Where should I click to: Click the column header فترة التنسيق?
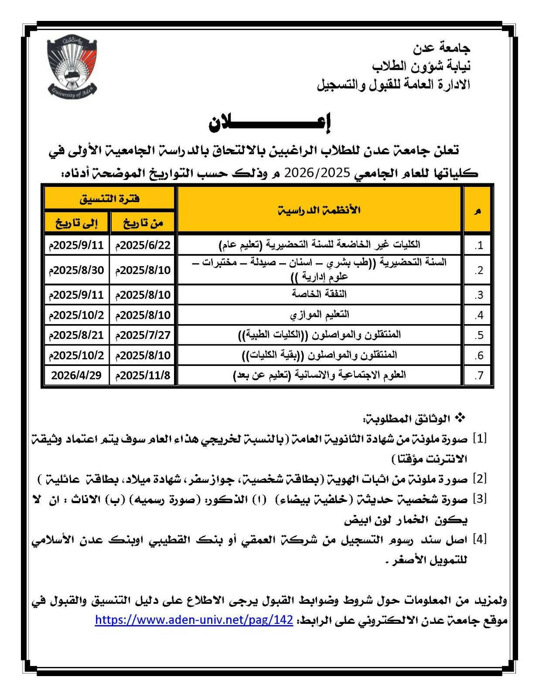click(109, 199)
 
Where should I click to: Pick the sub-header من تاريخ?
click(143, 223)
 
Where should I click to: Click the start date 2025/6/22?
click(143, 245)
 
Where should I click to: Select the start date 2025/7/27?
click(143, 335)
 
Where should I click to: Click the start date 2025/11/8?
click(143, 375)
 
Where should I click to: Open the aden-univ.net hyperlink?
click(194, 620)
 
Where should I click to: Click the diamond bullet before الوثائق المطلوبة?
click(459, 418)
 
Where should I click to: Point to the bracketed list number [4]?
click(480, 540)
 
